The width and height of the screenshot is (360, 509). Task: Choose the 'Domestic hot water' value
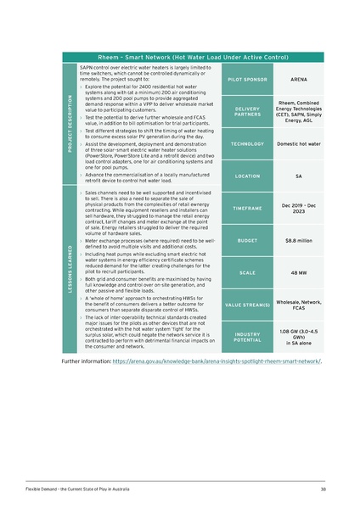pos(298,144)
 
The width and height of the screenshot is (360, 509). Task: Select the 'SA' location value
pos(298,176)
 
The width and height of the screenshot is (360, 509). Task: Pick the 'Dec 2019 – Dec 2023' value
pos(298,208)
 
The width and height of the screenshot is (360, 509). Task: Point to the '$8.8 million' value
pos(298,241)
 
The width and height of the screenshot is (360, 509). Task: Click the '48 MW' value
pos(298,273)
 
